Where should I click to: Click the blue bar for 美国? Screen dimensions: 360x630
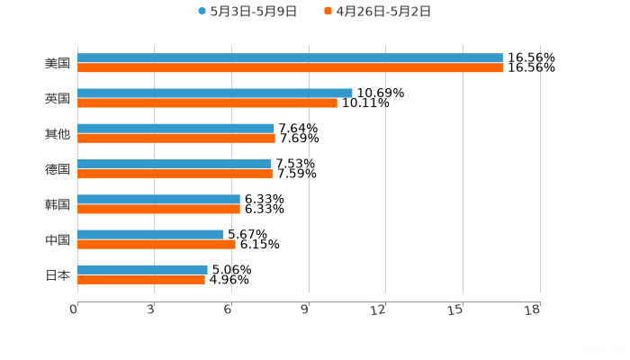[290, 58]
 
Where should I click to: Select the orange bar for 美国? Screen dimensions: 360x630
[290, 67]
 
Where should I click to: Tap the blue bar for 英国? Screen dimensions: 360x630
[215, 93]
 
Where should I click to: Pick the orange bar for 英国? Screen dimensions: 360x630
[207, 103]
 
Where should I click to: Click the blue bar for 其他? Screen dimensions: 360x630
[175, 128]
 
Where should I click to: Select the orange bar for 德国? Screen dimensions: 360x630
[175, 174]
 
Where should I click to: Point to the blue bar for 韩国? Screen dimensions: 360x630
[158, 199]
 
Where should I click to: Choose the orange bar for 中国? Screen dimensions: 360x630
[157, 244]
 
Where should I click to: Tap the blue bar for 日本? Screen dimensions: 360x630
[142, 269]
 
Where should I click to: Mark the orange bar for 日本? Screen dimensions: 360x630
[141, 279]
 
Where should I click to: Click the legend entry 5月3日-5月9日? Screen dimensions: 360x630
[247, 12]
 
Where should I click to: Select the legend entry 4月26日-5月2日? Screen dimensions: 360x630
[377, 12]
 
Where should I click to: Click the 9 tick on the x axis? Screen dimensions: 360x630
[304, 310]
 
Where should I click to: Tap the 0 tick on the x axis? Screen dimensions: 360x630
[74, 310]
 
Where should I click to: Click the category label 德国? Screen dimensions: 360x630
[57, 169]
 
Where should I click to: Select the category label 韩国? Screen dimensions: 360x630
[57, 204]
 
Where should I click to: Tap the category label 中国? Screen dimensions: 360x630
[57, 239]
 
